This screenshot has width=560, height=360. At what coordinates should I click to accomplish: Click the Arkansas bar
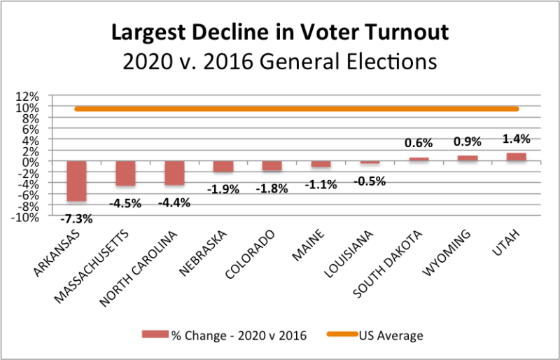(x=76, y=181)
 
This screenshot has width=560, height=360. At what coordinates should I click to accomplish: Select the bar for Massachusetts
(x=125, y=173)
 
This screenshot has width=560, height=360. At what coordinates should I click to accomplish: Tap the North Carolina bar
(x=174, y=173)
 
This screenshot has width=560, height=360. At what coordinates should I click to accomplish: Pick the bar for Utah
(x=516, y=157)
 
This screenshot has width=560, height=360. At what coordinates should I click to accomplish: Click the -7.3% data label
(x=76, y=219)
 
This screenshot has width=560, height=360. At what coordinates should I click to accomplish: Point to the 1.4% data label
(x=516, y=138)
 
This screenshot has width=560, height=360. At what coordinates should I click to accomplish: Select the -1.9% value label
(x=223, y=189)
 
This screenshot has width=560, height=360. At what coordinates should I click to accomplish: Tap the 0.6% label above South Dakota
(x=418, y=143)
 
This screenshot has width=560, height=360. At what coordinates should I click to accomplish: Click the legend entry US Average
(x=392, y=335)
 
